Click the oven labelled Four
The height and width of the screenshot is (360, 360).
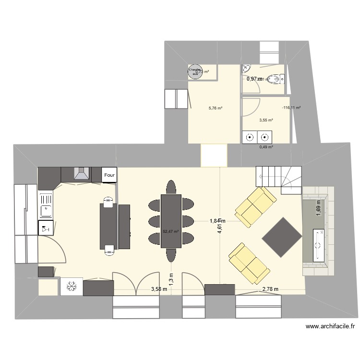tap(109, 175)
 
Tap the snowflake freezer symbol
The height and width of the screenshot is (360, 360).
tap(72, 287)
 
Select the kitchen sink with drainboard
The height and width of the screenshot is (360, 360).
tap(46, 204)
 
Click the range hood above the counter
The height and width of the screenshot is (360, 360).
tap(81, 173)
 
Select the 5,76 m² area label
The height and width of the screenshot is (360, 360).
tap(215, 108)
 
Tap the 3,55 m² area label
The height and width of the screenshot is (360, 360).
tap(266, 120)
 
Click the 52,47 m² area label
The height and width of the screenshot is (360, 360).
tap(170, 231)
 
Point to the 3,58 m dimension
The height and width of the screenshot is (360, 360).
tap(159, 289)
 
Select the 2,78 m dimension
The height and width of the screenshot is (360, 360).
tap(270, 289)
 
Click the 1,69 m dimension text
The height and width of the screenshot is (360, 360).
tap(318, 208)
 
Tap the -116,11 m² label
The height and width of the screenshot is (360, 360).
tap(291, 108)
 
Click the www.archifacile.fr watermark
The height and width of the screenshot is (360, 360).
tap(330, 326)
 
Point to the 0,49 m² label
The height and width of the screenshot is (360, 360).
tap(266, 147)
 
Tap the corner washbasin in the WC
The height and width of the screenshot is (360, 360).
tap(246, 68)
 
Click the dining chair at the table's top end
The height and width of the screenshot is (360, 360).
tap(171, 186)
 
